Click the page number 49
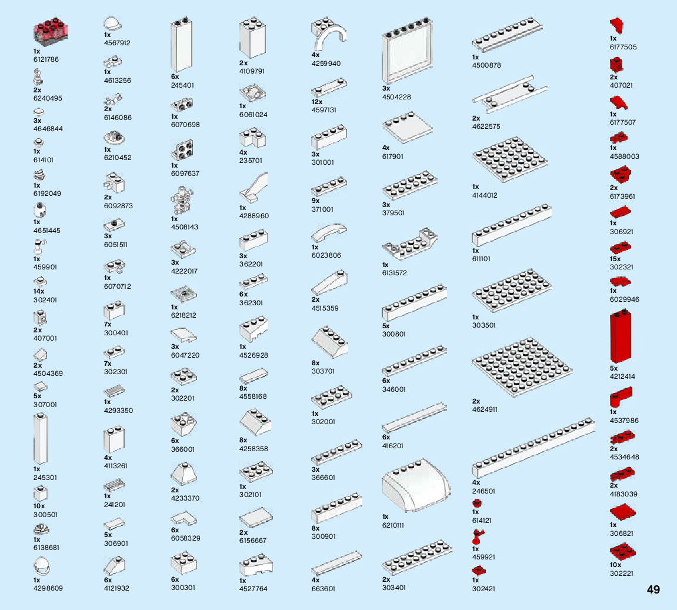[x=653, y=589]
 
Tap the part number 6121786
[x=46, y=59]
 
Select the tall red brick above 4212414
[x=621, y=337]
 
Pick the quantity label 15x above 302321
[x=615, y=259]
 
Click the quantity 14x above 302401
[x=39, y=292]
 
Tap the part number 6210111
[x=393, y=525]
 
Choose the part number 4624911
[x=485, y=409]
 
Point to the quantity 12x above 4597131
[x=316, y=102]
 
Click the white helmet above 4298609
[x=42, y=567]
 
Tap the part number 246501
[x=483, y=491]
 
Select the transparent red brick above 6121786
[x=51, y=33]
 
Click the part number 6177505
[x=623, y=47]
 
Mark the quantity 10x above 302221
[x=615, y=565]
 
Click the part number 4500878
[x=486, y=65]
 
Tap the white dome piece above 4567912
[x=113, y=24]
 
